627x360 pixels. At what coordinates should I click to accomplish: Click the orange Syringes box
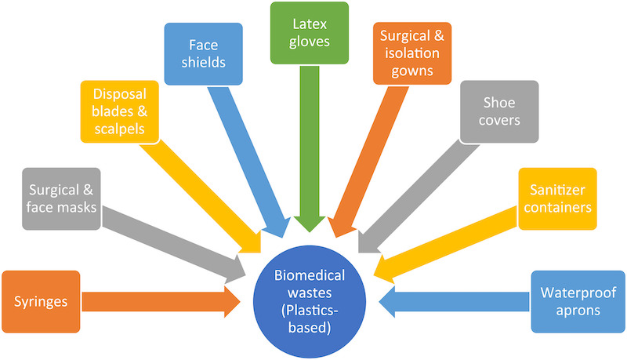coord(41,302)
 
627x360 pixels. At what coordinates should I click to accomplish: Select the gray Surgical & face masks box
coord(60,198)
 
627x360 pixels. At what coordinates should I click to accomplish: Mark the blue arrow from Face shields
coord(251,157)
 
